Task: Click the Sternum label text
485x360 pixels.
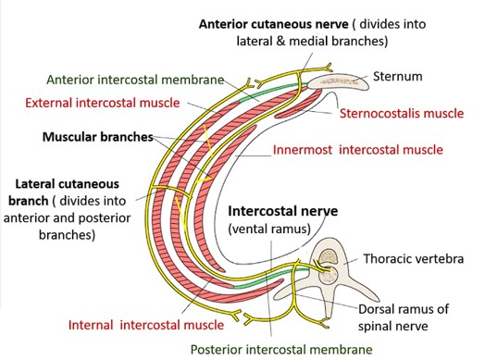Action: pos(397,77)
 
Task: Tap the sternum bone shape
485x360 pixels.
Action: pos(338,81)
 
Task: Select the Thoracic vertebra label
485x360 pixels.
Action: pos(413,258)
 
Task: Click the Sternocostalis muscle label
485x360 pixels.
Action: pos(402,113)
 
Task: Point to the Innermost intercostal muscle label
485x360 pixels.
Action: pos(358,150)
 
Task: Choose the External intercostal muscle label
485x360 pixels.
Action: pos(103,103)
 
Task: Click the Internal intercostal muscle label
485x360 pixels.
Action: pos(146,325)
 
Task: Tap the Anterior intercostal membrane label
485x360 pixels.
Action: pos(135,80)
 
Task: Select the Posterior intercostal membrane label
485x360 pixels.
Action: pos(281,350)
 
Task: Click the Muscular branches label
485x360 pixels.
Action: pos(98,137)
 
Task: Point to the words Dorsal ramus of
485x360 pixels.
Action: pos(404,309)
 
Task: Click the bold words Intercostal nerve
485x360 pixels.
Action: pos(282,211)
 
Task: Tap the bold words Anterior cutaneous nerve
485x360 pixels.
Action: pos(273,24)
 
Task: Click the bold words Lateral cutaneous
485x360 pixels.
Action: pos(68,184)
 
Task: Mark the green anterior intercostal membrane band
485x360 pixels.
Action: pos(273,91)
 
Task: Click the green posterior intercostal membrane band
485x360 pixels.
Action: pos(270,278)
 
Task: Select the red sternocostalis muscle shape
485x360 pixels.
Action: pos(297,105)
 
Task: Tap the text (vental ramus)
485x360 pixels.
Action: pos(269,230)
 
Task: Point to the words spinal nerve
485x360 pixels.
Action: pos(392,327)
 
